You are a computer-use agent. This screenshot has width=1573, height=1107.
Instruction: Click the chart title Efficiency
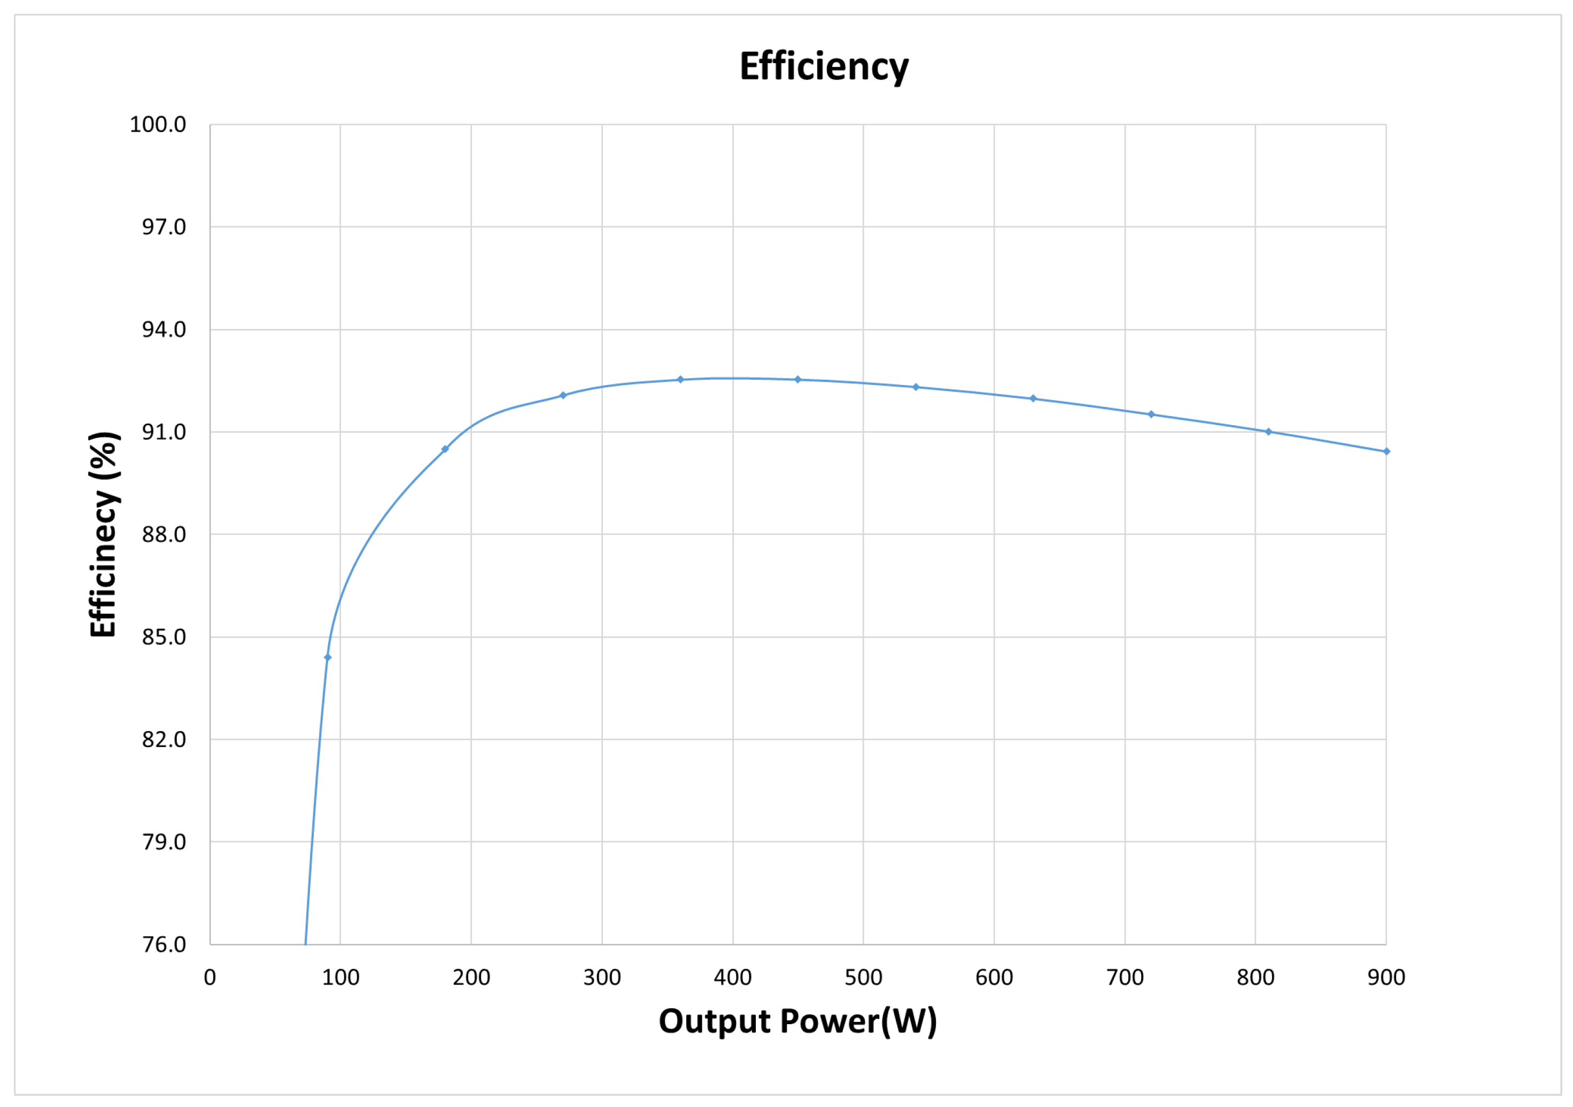pos(824,67)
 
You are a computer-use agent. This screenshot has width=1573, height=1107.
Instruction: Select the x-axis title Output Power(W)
pos(797,1021)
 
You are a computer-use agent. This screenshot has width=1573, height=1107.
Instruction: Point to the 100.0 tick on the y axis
pos(158,125)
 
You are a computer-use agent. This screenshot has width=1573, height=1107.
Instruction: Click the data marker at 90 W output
pos(328,657)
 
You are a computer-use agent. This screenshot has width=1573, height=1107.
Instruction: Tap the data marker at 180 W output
pos(445,449)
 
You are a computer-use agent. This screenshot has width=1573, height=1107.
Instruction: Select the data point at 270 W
pos(563,395)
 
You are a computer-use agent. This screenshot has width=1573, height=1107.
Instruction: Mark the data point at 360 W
pos(680,379)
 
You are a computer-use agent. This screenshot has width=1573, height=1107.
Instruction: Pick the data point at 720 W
pos(1151,414)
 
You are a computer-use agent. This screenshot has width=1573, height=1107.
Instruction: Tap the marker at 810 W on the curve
pos(1268,431)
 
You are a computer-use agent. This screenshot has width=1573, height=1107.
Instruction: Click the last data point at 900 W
pos(1386,451)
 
